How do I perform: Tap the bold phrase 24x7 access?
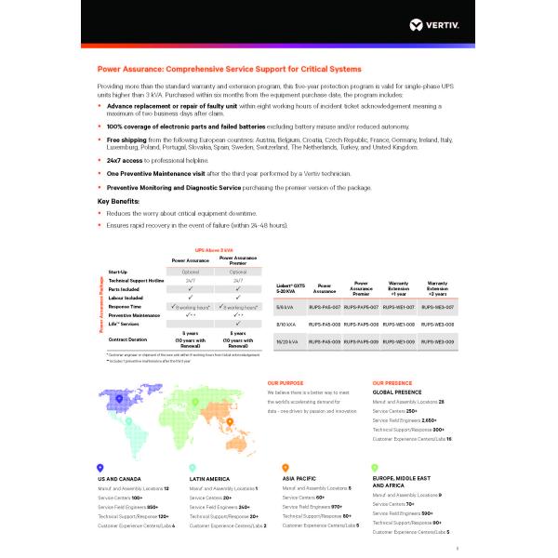(120, 159)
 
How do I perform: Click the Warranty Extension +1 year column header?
(398, 288)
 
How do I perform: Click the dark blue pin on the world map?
(118, 398)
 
